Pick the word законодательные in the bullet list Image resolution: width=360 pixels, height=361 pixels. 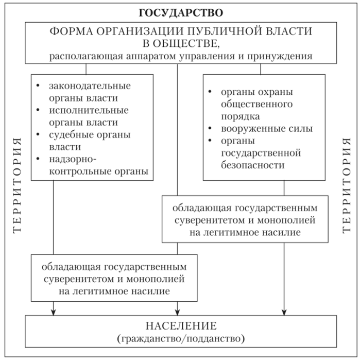click(x=90, y=85)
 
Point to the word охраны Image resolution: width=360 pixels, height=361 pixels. click(x=276, y=92)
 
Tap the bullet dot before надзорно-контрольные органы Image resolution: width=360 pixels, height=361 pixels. click(x=39, y=159)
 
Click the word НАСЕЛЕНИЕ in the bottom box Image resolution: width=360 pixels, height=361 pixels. click(x=180, y=326)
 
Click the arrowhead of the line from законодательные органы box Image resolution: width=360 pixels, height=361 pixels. click(x=53, y=311)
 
